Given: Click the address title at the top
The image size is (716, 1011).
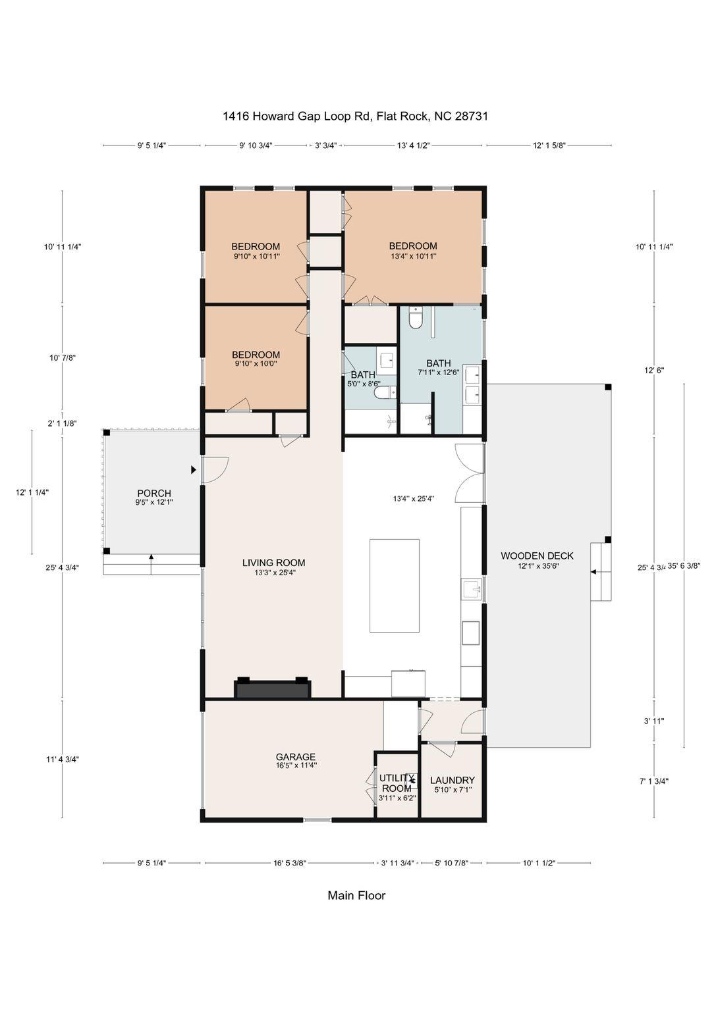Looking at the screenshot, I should click(355, 117).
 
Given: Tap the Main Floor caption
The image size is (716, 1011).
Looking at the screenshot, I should click(356, 895).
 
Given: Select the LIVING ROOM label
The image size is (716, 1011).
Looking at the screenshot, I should click(273, 563).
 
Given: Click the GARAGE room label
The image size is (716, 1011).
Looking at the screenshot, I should click(295, 757).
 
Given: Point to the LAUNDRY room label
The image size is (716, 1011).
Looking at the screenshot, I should click(452, 781).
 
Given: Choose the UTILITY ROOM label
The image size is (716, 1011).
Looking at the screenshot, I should click(397, 783).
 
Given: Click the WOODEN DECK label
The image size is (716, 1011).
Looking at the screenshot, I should click(537, 556).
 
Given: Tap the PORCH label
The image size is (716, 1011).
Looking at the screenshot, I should click(154, 494).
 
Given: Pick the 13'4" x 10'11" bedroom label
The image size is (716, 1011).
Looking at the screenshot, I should click(413, 247).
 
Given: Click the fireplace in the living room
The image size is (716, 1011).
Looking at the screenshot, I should click(273, 688).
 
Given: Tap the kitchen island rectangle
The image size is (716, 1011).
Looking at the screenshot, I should click(395, 585).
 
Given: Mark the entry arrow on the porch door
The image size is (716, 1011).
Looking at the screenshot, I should click(194, 470).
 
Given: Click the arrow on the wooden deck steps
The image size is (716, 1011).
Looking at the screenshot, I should click(593, 572).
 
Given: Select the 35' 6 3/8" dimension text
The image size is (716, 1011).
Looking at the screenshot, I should click(684, 565).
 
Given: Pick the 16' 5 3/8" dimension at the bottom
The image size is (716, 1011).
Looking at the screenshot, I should click(290, 862).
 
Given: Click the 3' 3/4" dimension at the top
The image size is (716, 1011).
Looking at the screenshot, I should click(326, 145).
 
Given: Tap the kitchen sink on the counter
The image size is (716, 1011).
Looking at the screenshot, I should click(471, 588).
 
